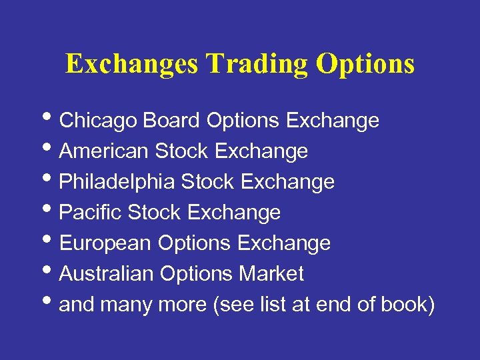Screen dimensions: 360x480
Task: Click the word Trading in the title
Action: click(257, 64)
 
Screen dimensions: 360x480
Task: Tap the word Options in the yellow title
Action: click(365, 64)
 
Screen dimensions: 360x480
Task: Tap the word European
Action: click(106, 243)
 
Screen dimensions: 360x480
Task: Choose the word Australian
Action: click(106, 274)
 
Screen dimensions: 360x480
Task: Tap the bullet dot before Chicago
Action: click(51, 119)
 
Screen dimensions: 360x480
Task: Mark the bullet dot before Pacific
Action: click(51, 211)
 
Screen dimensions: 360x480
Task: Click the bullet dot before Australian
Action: click(51, 273)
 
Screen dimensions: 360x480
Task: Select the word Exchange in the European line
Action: click(284, 243)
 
